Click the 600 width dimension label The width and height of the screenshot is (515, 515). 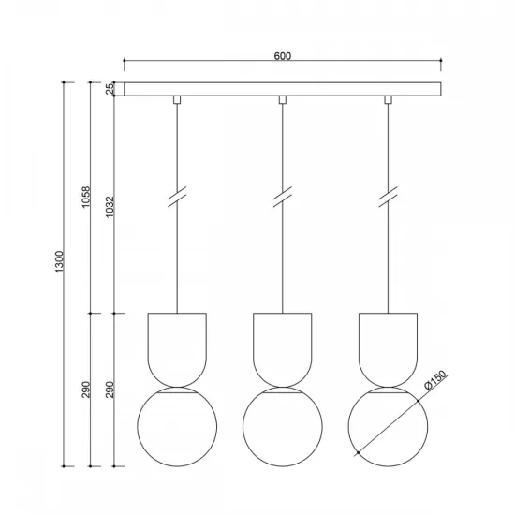click(x=282, y=55)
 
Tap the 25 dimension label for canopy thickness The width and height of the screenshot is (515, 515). click(x=110, y=88)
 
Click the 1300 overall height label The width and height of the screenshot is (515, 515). click(x=59, y=263)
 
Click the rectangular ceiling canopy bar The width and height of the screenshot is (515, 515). click(x=282, y=89)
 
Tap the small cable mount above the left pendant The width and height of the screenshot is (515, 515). click(x=176, y=99)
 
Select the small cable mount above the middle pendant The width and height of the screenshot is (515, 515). click(x=282, y=99)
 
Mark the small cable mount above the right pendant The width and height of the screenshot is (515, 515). click(x=388, y=99)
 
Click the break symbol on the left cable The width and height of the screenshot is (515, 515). click(x=176, y=199)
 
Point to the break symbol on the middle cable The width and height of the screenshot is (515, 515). click(x=282, y=199)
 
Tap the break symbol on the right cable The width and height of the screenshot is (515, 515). click(x=388, y=199)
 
